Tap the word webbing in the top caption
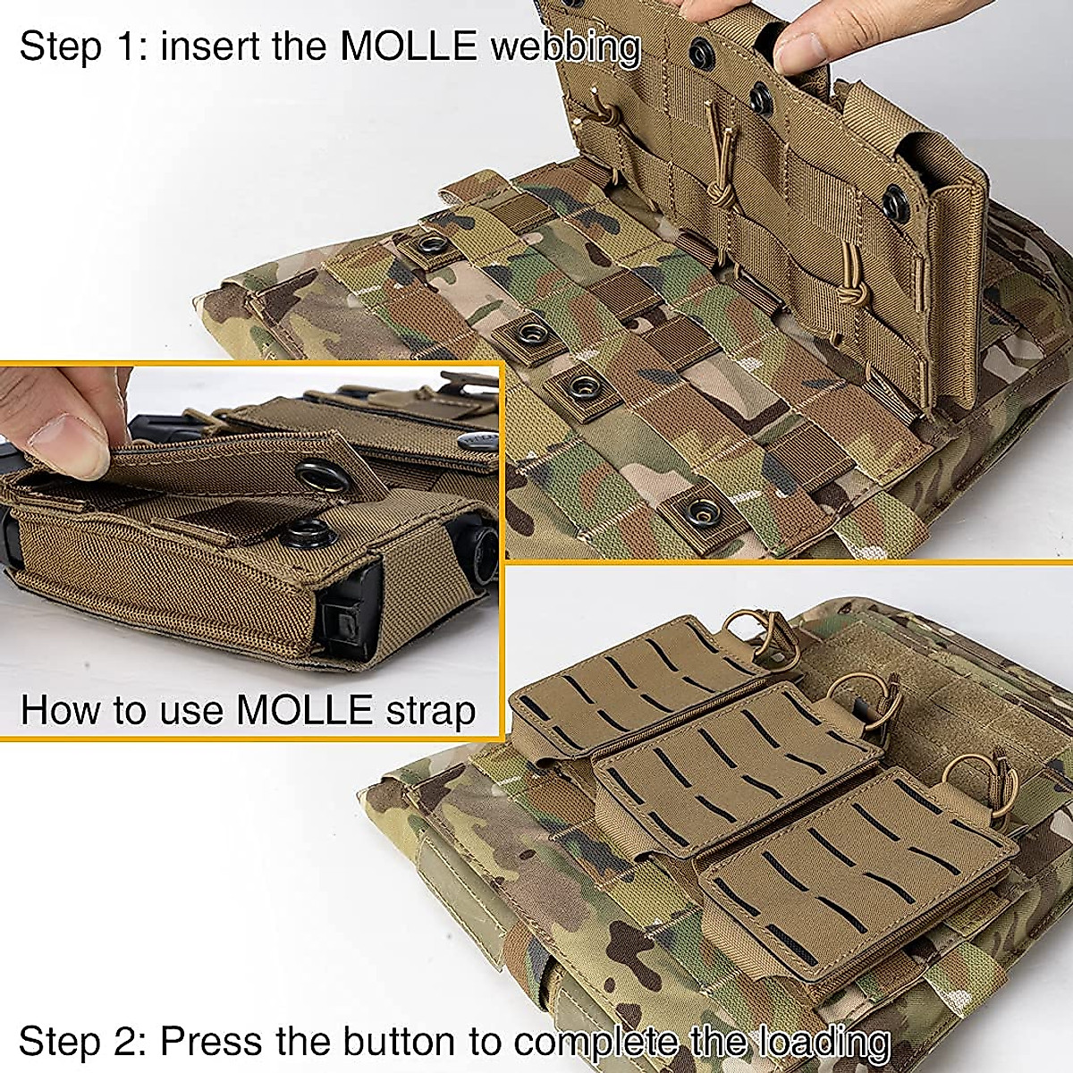[565, 47]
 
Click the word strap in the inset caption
[432, 711]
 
